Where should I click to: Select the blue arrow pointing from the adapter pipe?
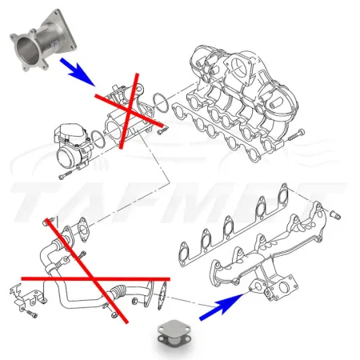[80, 74]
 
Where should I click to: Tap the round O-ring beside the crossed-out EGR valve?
[159, 102]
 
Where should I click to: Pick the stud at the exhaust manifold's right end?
[333, 216]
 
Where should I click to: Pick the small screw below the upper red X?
[162, 130]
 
